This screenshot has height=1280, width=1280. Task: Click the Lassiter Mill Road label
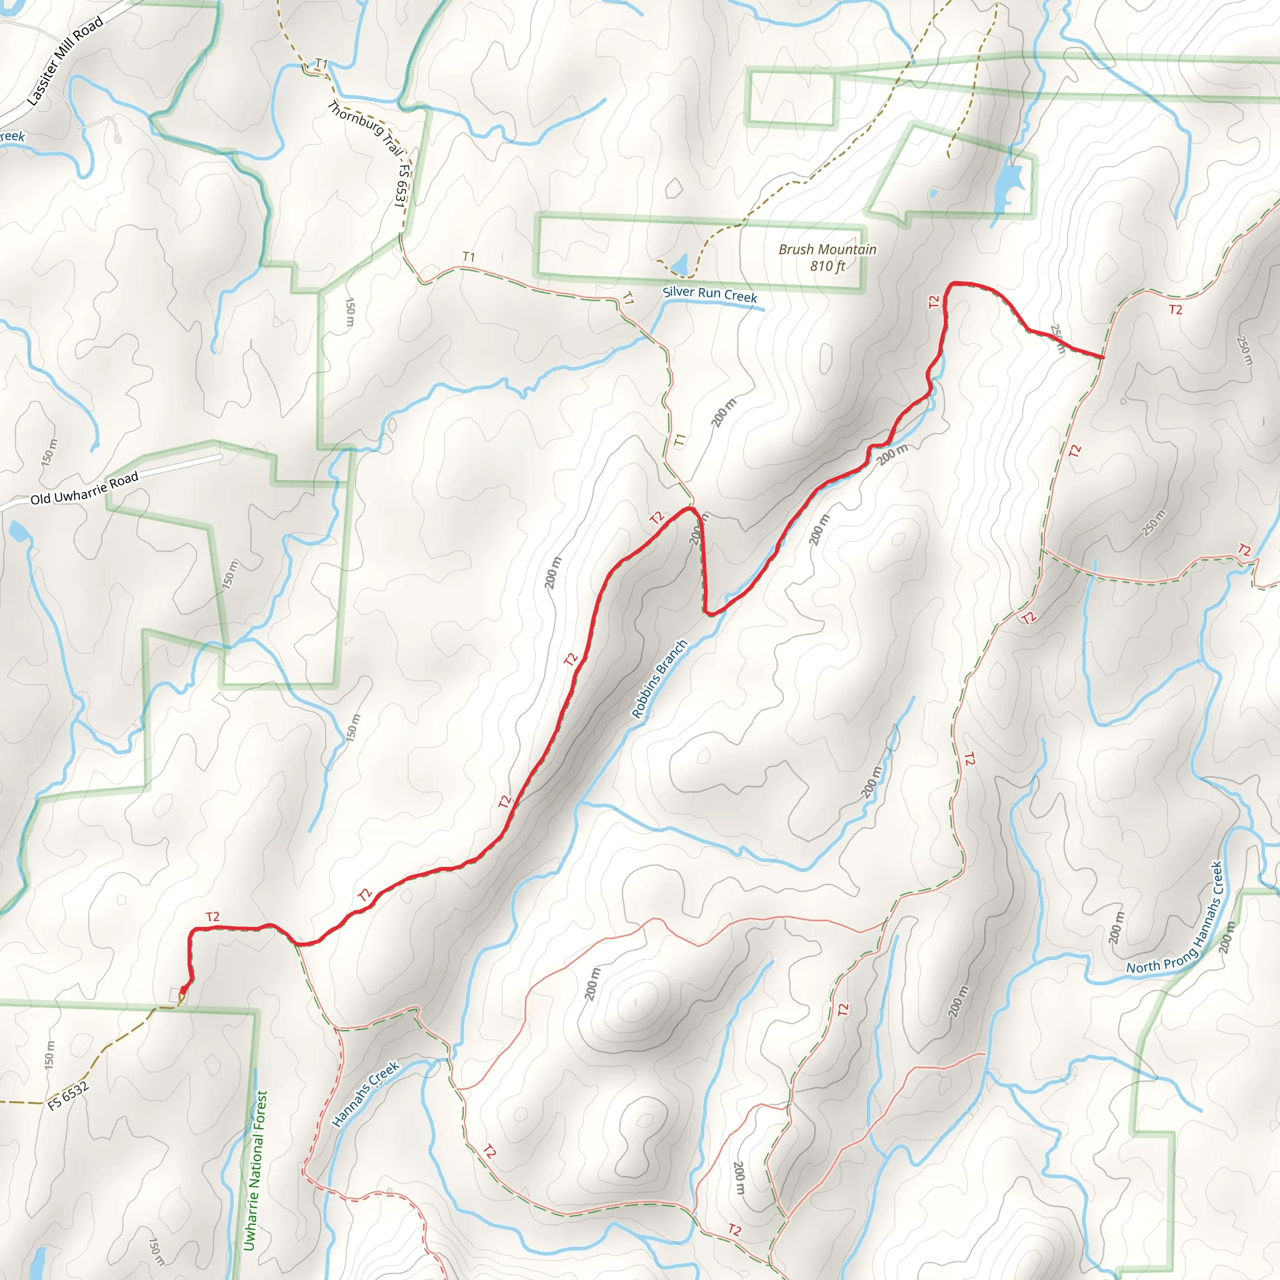pyautogui.click(x=65, y=61)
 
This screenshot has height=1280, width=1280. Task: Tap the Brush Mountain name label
pyautogui.click(x=827, y=250)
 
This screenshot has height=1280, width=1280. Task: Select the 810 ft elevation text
pyautogui.click(x=827, y=266)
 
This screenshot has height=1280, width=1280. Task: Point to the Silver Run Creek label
pyautogui.click(x=709, y=294)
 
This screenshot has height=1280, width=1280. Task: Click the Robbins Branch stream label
pyautogui.click(x=659, y=679)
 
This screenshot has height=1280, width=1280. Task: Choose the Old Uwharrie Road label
pyautogui.click(x=84, y=488)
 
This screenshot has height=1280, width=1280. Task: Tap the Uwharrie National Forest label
pyautogui.click(x=255, y=1171)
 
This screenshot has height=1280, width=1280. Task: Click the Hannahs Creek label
pyautogui.click(x=366, y=1094)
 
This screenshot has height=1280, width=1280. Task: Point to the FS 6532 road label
pyautogui.click(x=68, y=1096)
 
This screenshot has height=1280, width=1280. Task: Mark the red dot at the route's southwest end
pyautogui.click(x=184, y=991)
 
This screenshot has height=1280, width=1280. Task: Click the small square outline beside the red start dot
pyautogui.click(x=176, y=996)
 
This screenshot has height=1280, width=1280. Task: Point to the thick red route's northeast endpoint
pyautogui.click(x=1102, y=357)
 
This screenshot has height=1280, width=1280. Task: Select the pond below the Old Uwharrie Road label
pyautogui.click(x=19, y=530)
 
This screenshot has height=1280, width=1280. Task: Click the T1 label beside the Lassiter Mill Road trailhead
pyautogui.click(x=321, y=64)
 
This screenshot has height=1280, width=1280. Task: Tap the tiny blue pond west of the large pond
pyautogui.click(x=934, y=194)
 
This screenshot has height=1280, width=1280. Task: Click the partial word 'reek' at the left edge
pyautogui.click(x=12, y=137)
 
